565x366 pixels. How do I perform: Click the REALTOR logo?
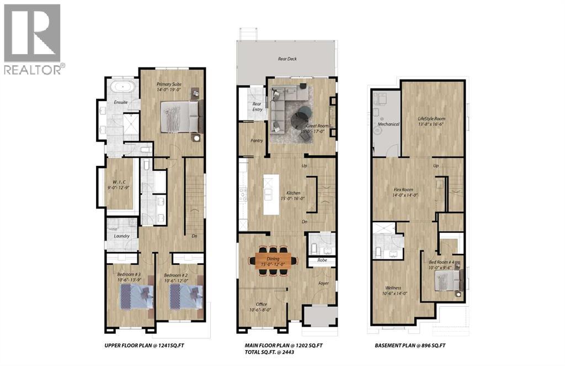tap(33, 39)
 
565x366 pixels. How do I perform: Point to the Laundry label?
tap(121, 236)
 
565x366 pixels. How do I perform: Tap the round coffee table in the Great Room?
tap(301, 117)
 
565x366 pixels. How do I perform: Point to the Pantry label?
tap(257, 140)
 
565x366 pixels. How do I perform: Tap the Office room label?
tap(262, 304)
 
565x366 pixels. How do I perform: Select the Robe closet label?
tap(322, 260)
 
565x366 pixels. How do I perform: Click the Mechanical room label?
tap(388, 124)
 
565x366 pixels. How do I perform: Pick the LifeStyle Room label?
tap(431, 119)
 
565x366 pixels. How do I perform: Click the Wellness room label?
tap(393, 288)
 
